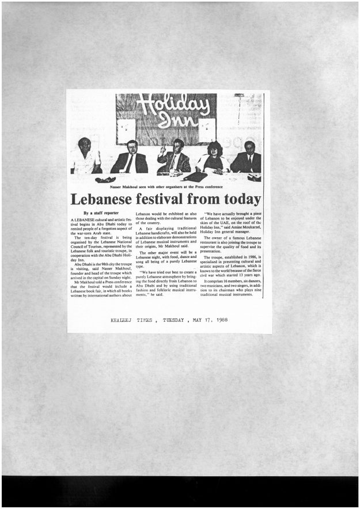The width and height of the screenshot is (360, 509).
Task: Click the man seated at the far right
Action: tap(248, 157)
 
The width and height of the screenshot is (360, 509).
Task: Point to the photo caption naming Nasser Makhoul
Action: tap(165, 187)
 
